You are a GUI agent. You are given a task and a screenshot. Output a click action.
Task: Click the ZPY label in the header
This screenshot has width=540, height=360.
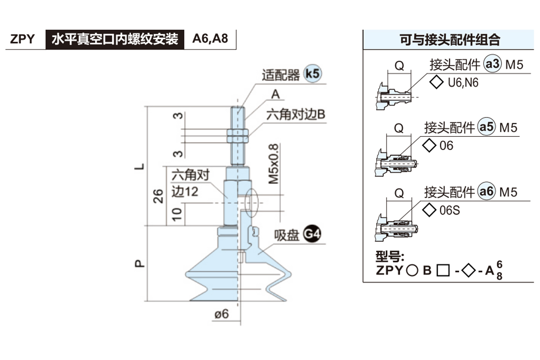click(x=22, y=39)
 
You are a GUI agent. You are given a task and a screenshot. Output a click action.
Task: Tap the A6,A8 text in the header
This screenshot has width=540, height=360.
click(x=210, y=39)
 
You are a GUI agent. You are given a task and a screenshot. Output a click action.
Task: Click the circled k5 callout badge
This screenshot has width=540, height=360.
click(x=313, y=73)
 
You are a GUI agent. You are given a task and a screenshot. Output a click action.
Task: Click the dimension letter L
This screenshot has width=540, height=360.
click(x=141, y=166)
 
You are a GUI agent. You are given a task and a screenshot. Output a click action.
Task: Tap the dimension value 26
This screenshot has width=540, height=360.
click(x=158, y=196)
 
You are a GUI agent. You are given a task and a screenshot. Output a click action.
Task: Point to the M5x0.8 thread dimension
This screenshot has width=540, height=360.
click(x=274, y=164)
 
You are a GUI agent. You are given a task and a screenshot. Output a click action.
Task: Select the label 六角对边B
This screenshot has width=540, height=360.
click(x=296, y=115)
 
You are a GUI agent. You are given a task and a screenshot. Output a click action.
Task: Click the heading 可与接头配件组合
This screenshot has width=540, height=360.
click(x=450, y=40)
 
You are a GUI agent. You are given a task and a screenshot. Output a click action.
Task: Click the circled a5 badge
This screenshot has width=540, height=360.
click(x=486, y=128)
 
